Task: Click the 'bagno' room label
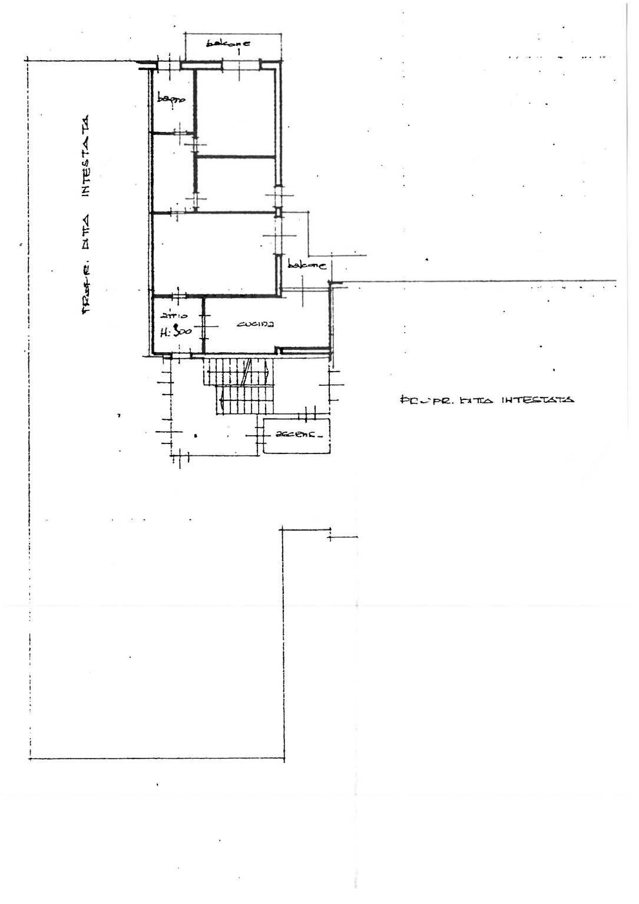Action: (171, 101)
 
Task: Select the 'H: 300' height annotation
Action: (176, 332)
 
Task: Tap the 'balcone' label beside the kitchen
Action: (307, 266)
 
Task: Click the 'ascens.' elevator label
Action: (296, 436)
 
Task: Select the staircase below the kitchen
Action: (240, 386)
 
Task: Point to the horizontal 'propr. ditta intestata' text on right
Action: (486, 400)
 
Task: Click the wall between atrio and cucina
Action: (204, 326)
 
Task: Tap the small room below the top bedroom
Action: (236, 183)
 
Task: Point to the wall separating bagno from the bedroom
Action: (195, 100)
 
